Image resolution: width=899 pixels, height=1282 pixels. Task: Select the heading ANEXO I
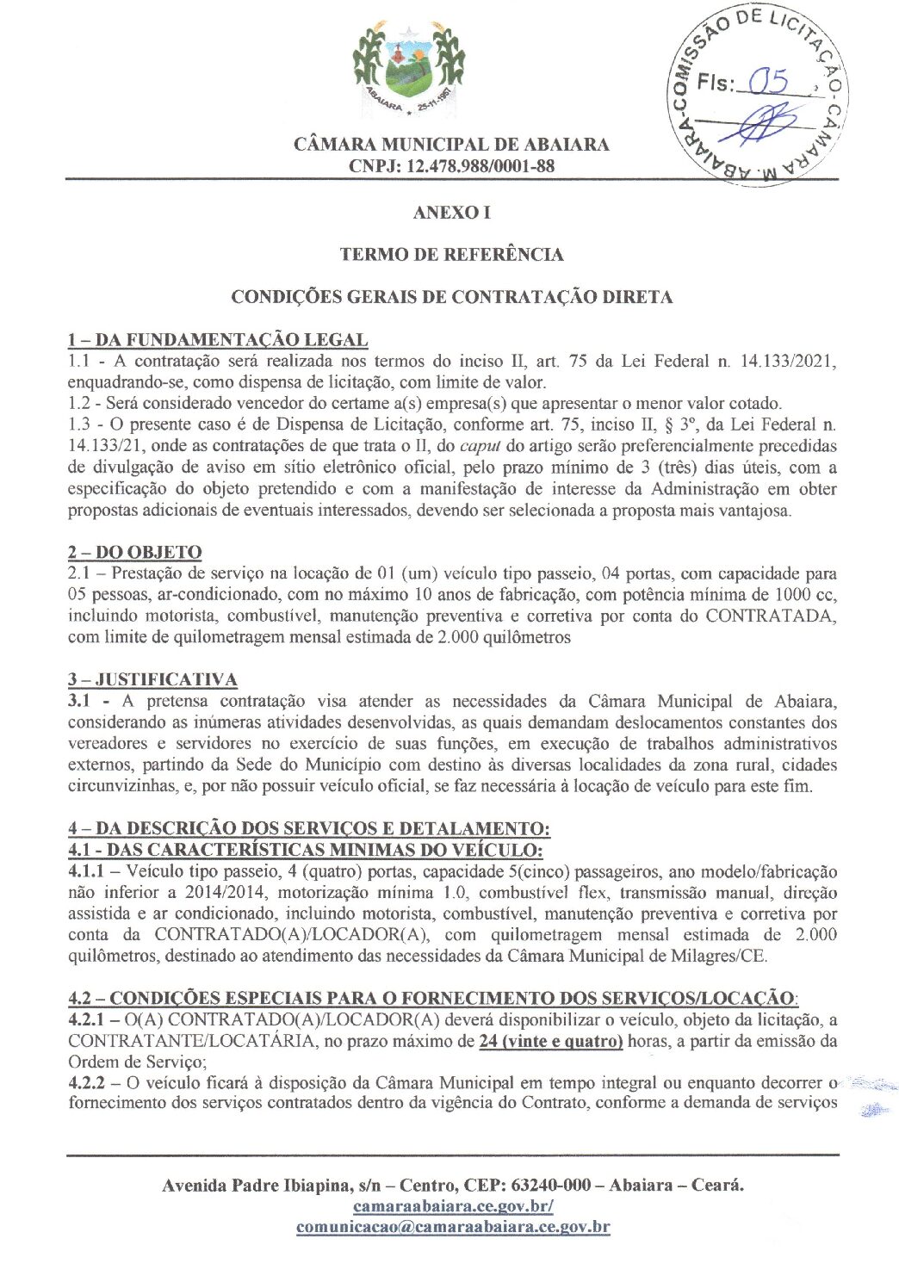[x=451, y=213]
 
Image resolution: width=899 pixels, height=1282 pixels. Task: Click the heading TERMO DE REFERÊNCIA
[x=451, y=255]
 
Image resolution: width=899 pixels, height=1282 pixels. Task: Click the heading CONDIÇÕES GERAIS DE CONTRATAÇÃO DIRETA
[x=451, y=297]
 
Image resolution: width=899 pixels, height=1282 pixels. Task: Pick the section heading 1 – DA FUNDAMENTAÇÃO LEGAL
[x=218, y=340]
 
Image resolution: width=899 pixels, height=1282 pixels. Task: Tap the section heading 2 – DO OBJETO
[x=135, y=552]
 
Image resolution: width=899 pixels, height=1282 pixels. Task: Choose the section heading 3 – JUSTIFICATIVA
[x=152, y=679]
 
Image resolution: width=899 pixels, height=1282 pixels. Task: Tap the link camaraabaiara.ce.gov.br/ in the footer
[x=453, y=1206]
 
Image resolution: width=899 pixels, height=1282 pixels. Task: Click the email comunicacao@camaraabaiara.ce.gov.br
[x=453, y=1228]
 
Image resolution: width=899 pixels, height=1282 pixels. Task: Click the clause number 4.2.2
[x=86, y=1083]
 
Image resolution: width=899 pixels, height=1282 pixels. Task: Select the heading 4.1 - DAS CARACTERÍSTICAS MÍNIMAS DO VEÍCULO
[x=305, y=850]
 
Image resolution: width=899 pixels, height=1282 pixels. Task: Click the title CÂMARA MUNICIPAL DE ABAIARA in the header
[x=451, y=145]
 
